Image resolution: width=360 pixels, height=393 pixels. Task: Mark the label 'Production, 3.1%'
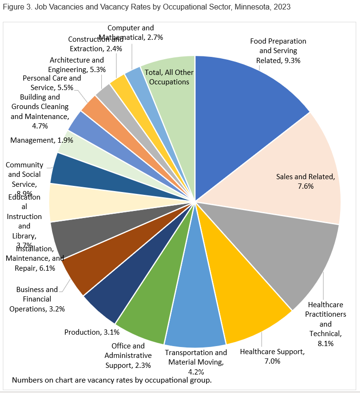tap(89, 332)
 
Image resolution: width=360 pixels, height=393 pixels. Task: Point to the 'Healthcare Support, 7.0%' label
tap(272, 356)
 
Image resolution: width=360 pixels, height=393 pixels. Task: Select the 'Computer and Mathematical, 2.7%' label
tap(131, 33)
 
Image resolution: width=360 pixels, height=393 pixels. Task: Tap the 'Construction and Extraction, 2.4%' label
tap(95, 44)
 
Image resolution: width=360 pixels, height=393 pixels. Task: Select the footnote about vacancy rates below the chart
tap(111, 380)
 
